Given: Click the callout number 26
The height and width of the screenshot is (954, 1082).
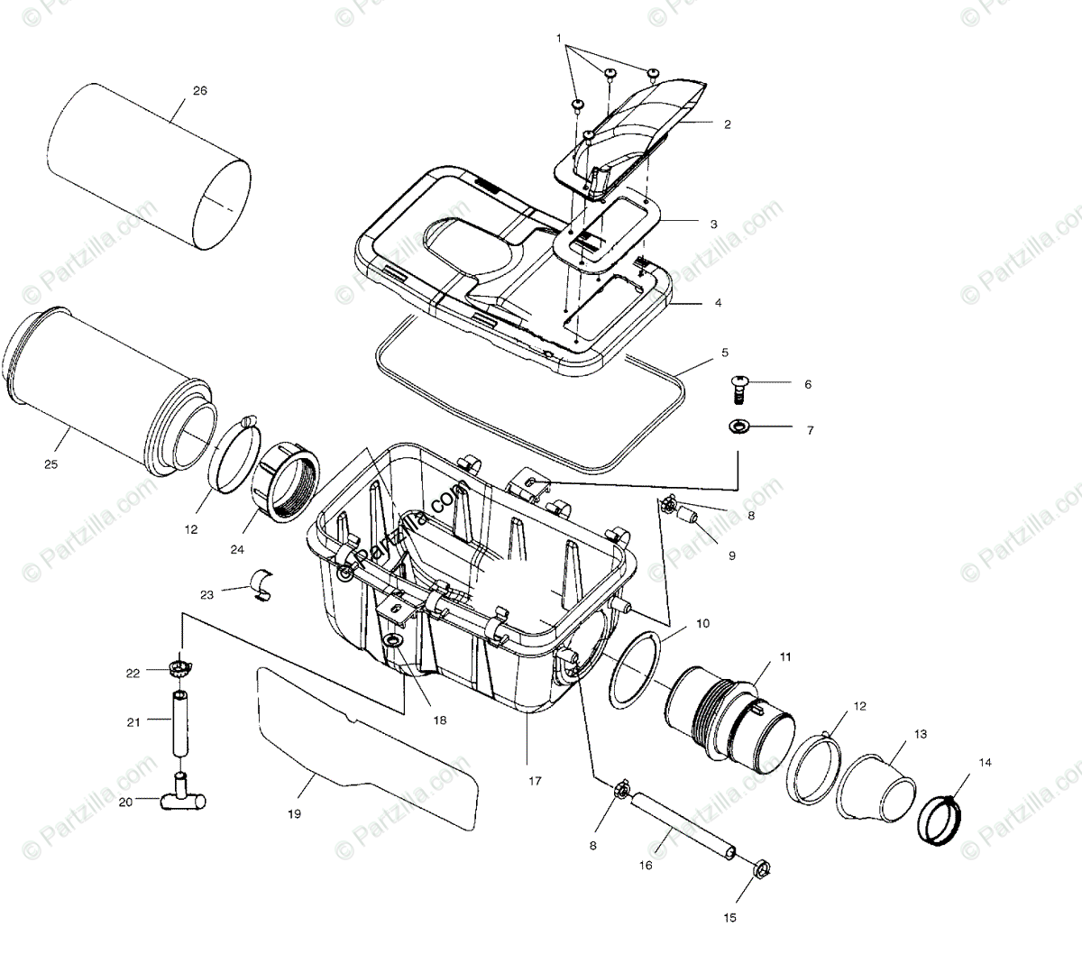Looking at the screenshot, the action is (x=200, y=89).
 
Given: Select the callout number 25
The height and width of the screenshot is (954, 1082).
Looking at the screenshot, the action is (x=50, y=463).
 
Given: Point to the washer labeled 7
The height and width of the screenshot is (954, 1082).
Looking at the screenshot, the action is (x=738, y=426).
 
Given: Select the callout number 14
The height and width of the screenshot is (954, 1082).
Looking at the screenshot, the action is (x=985, y=763).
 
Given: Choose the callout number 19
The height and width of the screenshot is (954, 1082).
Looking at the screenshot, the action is (x=294, y=813).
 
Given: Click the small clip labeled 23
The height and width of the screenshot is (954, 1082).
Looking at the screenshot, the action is (x=264, y=584).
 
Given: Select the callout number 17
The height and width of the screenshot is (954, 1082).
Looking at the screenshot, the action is (x=535, y=781).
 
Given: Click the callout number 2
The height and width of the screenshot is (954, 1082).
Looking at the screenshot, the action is (x=727, y=124).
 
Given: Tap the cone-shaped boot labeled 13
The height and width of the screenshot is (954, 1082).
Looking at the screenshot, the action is (x=874, y=784).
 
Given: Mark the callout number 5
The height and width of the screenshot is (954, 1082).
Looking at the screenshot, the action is (x=724, y=352).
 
